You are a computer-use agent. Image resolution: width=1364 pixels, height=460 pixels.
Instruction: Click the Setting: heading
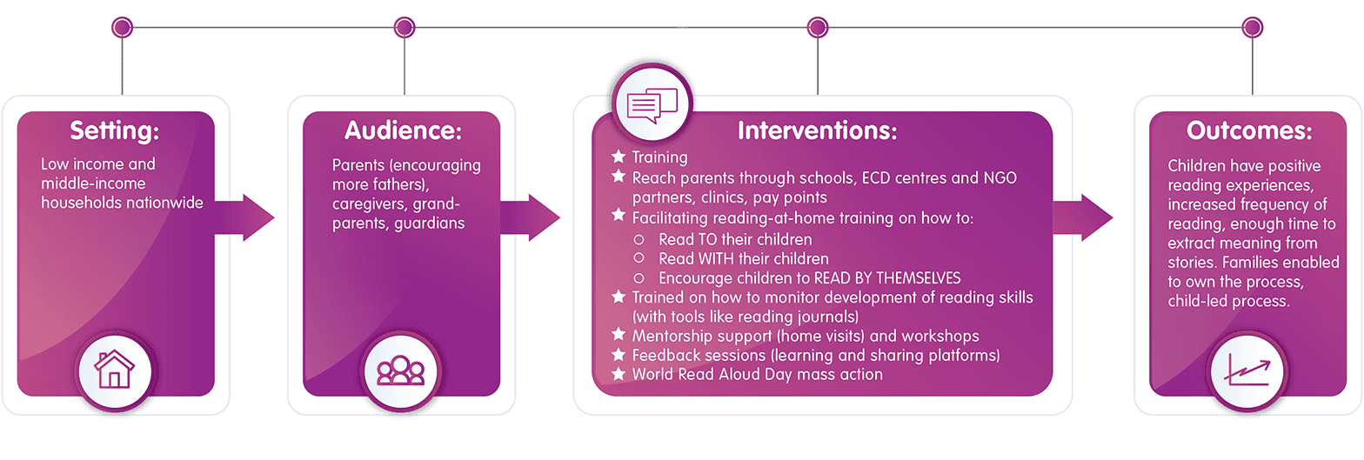[x=115, y=130]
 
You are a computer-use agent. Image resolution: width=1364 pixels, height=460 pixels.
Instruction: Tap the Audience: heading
[x=403, y=130]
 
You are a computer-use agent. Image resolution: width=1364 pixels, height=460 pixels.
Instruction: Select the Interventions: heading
[x=817, y=130]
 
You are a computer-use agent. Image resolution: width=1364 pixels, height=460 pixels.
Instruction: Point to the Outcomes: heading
[x=1249, y=130]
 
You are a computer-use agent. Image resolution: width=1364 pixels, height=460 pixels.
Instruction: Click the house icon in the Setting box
[x=114, y=370]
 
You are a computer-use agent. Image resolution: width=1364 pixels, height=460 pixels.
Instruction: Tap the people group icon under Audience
[x=400, y=370]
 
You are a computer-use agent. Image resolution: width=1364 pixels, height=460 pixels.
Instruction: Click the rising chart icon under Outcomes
[x=1247, y=370]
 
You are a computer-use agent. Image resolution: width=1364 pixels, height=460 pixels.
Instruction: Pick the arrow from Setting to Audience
[x=244, y=218]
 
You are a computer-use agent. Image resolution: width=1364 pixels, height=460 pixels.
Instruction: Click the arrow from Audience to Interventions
[x=530, y=218]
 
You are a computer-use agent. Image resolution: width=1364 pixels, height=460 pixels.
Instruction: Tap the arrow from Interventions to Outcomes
[x=1083, y=218]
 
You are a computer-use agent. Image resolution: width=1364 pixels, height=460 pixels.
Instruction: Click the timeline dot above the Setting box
[x=123, y=27]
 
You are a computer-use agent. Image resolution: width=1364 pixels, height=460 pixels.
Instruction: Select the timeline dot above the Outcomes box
[x=1252, y=27]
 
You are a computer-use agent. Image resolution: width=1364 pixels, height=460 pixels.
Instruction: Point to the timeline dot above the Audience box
[x=405, y=27]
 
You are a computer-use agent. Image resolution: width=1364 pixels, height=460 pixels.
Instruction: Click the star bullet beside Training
[x=618, y=157]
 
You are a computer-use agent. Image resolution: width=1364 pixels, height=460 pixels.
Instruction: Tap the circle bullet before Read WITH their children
[x=639, y=258]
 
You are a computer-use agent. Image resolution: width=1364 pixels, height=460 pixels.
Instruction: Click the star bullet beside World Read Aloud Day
[x=618, y=373]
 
